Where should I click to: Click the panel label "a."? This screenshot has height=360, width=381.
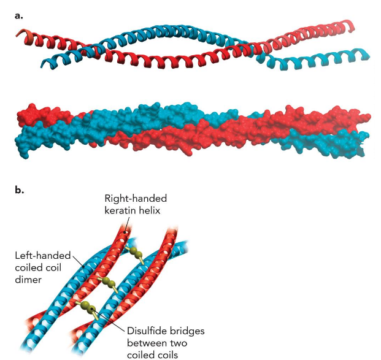pos(18,15)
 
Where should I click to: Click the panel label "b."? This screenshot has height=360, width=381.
pos(19,190)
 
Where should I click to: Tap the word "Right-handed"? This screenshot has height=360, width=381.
pos(136,199)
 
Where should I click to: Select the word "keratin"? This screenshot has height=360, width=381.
pos(121,211)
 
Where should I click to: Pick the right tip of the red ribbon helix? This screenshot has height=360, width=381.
pos(354,26)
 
